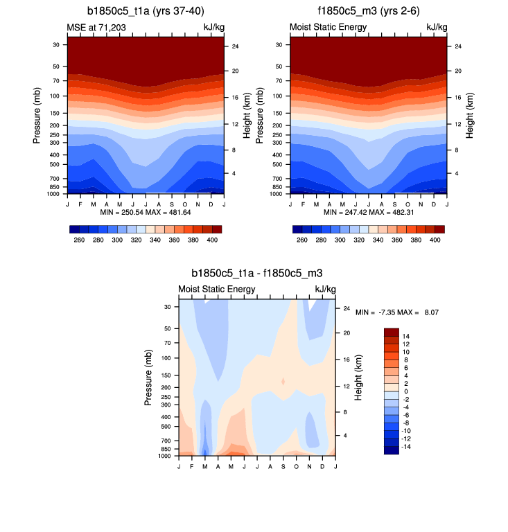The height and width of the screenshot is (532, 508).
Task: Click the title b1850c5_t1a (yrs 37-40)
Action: (x=146, y=11)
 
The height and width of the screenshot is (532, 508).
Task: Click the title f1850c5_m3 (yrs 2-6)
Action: (x=368, y=11)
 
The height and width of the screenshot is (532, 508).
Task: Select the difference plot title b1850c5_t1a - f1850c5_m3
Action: (x=257, y=274)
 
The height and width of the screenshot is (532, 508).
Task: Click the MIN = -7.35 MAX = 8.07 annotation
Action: (x=397, y=313)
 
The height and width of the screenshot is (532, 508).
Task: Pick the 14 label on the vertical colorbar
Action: (x=406, y=336)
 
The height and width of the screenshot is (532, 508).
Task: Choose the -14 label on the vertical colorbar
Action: (x=408, y=447)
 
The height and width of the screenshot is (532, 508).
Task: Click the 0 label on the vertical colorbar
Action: (x=405, y=391)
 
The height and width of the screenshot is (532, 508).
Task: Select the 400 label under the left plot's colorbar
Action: (x=212, y=239)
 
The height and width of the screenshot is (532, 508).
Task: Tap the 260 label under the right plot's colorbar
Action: (x=301, y=239)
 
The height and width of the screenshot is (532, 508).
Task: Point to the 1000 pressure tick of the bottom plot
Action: (x=166, y=456)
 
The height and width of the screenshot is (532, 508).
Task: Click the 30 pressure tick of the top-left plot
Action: (x=56, y=45)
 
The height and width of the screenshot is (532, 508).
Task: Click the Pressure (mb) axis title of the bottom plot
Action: (x=149, y=378)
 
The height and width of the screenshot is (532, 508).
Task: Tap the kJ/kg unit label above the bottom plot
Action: (x=325, y=289)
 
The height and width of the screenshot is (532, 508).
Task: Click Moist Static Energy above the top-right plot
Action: (x=328, y=27)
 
